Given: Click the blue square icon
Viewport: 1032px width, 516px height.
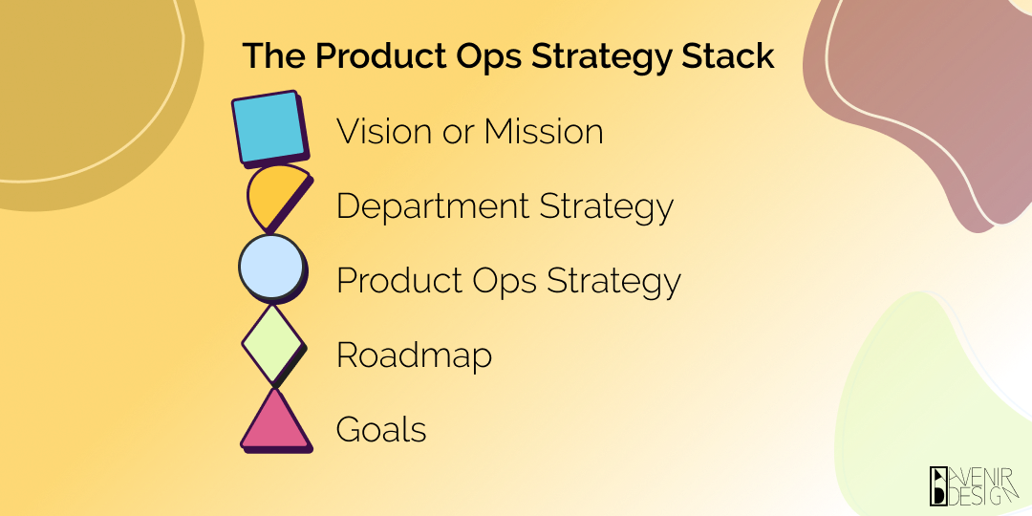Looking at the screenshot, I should click(x=269, y=127).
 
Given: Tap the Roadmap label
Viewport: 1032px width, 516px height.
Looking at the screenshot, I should click(x=414, y=355).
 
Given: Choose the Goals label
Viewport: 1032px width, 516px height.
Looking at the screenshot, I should click(x=380, y=430).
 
